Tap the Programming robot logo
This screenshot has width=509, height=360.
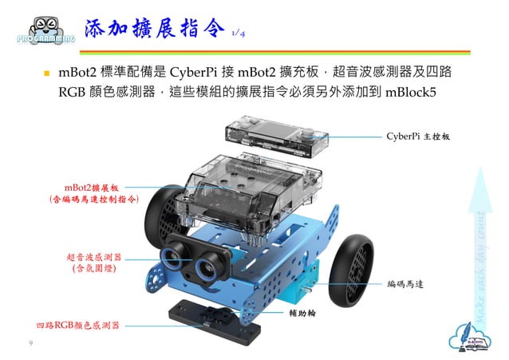[45, 29]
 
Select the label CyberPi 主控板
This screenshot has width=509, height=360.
[421, 136]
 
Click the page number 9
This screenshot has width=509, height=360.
[30, 343]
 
